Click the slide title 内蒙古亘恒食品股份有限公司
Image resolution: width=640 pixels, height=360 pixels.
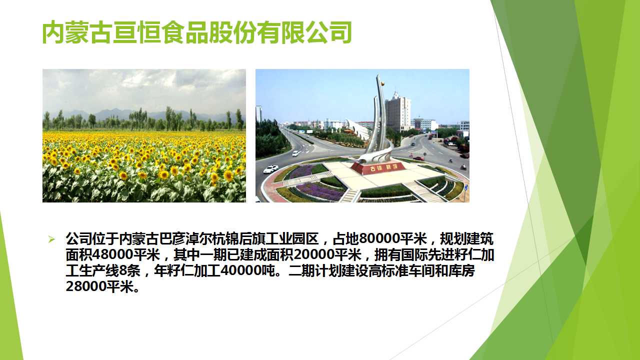(197, 32)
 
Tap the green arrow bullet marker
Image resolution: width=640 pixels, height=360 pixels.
(51, 239)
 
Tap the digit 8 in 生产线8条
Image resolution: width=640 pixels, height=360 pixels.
(122, 270)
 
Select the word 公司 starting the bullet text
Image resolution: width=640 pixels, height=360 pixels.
(79, 238)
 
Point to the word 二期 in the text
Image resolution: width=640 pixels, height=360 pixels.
(301, 270)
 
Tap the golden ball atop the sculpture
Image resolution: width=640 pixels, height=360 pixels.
(382, 83)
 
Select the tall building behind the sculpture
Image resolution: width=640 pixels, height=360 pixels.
(398, 112)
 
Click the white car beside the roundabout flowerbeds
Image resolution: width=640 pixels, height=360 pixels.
(270, 169)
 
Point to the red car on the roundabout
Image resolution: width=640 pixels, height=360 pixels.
(418, 158)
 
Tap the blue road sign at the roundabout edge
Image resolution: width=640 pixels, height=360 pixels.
(466, 188)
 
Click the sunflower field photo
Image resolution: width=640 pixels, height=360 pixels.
(144, 135)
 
